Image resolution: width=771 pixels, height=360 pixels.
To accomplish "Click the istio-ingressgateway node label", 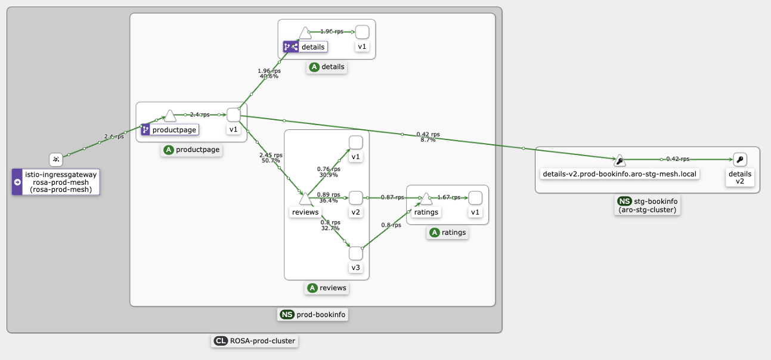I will tap(56, 182).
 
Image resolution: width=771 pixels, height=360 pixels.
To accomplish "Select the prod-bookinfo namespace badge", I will tap(313, 315).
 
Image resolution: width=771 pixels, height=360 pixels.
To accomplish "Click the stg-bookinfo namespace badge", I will tap(648, 205).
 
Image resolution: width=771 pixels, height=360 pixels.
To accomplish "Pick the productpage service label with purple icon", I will tap(169, 129).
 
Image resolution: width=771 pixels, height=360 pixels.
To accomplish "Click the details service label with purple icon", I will tap(305, 46).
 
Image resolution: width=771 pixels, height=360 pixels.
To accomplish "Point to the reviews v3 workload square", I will tap(355, 253).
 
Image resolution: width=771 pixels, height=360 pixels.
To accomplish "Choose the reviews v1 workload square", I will tap(355, 142).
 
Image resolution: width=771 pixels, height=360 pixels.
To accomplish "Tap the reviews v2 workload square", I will tap(355, 197).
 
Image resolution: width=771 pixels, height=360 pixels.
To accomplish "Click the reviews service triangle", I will tap(305, 198).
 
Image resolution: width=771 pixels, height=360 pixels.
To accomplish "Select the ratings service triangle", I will tap(426, 198).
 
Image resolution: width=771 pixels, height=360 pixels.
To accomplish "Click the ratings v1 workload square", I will tap(475, 197).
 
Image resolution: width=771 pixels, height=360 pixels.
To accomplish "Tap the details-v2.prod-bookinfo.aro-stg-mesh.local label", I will tap(619, 174).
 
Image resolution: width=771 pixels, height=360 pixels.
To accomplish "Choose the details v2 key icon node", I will tap(739, 159).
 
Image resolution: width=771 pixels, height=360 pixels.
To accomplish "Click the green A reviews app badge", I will tap(327, 288).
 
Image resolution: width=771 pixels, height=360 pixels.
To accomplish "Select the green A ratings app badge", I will tap(447, 233).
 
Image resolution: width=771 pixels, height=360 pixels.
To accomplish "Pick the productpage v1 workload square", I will tap(233, 115).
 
